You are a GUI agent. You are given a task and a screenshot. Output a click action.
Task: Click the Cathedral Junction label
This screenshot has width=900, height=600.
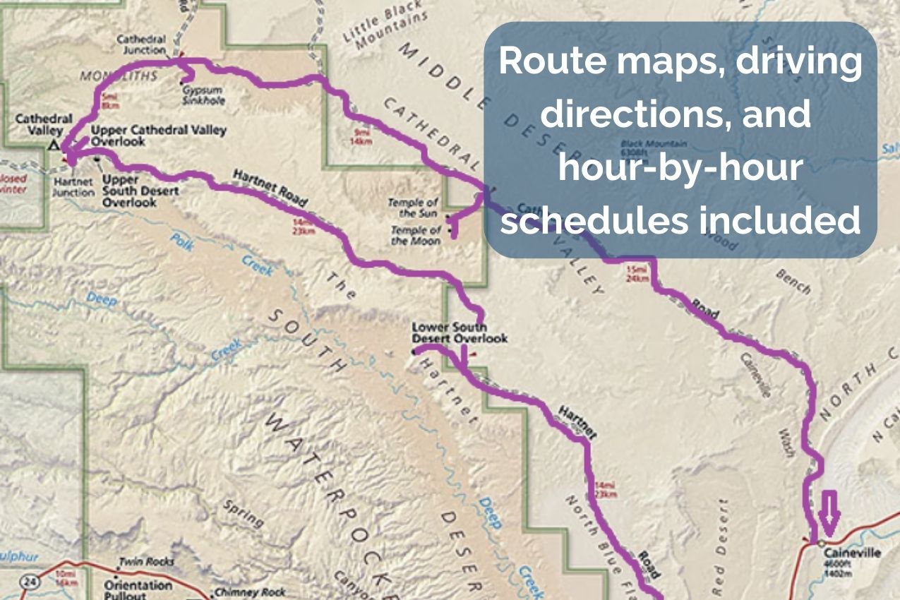tap(141, 44)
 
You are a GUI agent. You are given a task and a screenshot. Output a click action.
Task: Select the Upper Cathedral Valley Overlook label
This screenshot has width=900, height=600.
tap(158, 136)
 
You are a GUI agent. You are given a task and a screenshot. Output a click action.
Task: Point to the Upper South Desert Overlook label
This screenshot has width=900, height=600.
tap(140, 191)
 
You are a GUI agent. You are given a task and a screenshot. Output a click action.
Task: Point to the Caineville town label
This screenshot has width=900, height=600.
tap(852, 553)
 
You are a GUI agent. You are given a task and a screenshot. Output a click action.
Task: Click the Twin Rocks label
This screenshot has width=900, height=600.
tap(146, 562)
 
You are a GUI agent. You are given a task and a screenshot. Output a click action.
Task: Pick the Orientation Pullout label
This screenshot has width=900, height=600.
tap(138, 590)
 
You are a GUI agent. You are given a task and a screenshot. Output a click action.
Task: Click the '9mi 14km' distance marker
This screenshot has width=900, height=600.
tap(361, 136)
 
